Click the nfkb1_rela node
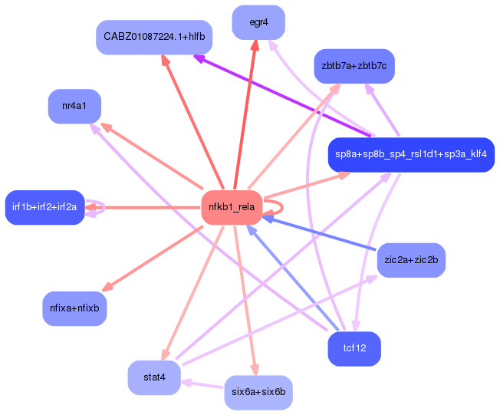[231, 207]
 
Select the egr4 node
[258, 22]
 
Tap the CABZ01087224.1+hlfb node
[154, 37]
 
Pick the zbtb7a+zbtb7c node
[354, 67]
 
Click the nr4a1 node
[74, 106]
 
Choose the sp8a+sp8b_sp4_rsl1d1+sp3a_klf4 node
[410, 155]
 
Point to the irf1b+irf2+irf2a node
[44, 207]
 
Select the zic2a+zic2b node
[411, 259]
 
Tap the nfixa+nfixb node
[74, 308]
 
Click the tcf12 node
[354, 348]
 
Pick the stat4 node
[154, 377]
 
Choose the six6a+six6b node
[258, 392]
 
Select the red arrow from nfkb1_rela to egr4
[245, 115]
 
